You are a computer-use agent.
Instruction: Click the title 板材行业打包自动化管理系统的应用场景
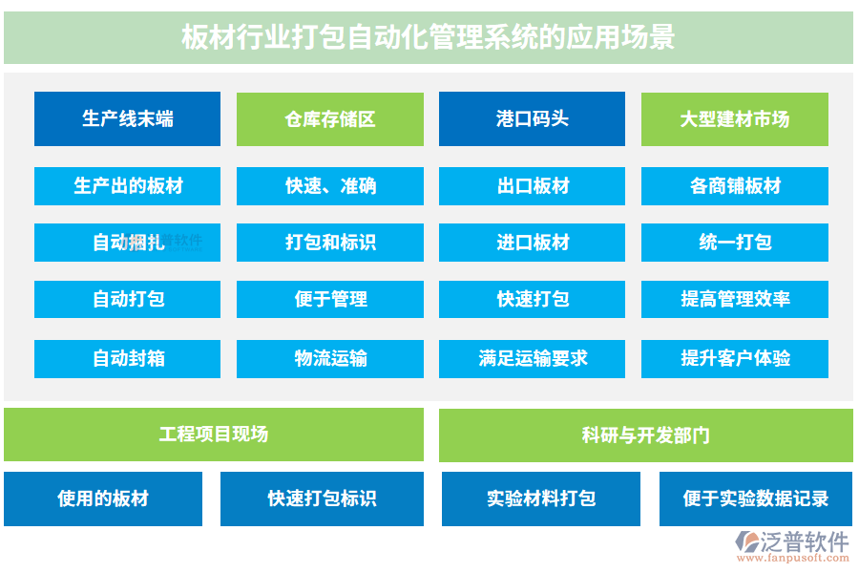(429, 37)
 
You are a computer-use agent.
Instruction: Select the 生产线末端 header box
(127, 119)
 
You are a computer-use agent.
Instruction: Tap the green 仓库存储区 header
(329, 119)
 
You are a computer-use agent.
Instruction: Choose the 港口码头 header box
(532, 119)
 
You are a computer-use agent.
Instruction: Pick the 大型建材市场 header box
(734, 119)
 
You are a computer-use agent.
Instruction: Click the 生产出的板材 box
(127, 186)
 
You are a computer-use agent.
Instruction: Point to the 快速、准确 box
(329, 186)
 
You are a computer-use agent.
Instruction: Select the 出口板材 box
(532, 186)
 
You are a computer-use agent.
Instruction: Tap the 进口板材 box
(532, 243)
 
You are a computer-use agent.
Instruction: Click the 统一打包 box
(734, 243)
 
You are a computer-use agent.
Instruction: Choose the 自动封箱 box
(127, 359)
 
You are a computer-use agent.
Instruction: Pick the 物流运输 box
(329, 359)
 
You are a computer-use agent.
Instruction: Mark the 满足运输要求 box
(532, 359)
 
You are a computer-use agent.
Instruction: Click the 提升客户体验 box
(734, 359)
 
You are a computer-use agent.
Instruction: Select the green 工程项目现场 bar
(213, 435)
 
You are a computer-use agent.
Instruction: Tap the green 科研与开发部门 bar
(645, 435)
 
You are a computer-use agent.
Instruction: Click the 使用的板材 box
(103, 499)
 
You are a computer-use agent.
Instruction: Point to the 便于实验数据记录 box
(755, 499)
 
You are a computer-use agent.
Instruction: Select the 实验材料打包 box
(540, 499)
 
